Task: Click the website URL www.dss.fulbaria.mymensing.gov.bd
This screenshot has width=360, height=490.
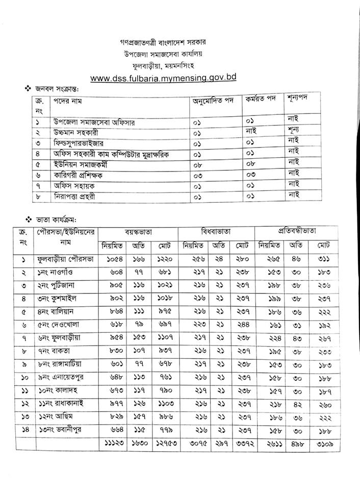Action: pos(163,78)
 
